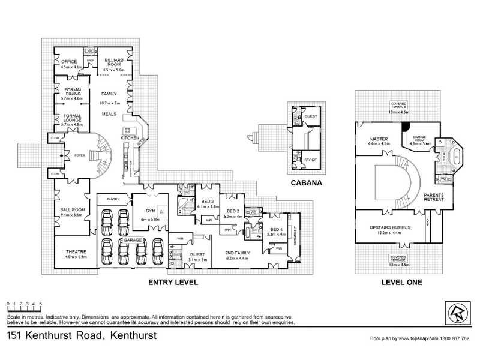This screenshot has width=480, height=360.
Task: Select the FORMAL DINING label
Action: coord(73,92)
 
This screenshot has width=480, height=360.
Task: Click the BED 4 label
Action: coord(277,230)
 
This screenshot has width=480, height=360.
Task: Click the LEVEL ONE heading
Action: coord(401,281)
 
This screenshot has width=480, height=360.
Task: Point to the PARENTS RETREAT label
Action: coord(433,197)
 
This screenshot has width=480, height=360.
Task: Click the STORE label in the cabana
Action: coord(311,160)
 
